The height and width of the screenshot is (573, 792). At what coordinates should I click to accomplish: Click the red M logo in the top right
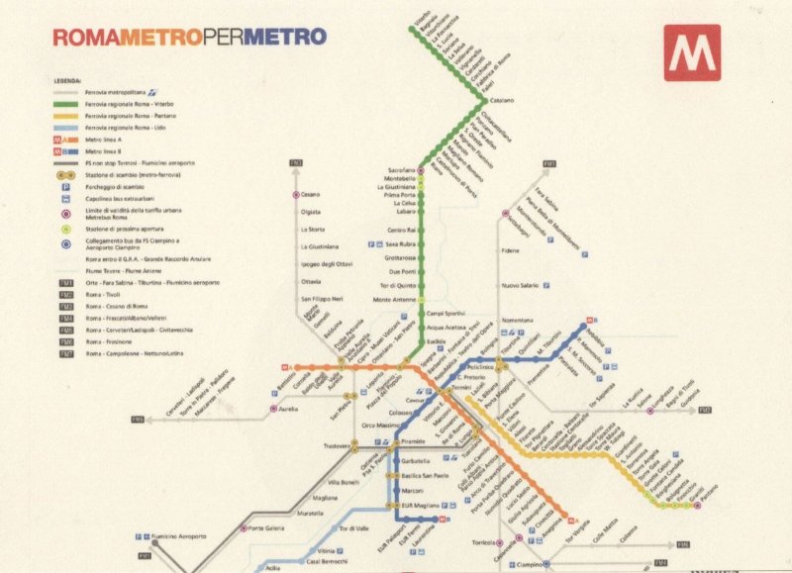[x=692, y=52]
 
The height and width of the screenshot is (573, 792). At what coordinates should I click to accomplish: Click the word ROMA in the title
[x=84, y=38]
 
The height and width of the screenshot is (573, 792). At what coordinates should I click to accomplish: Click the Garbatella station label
[x=417, y=461]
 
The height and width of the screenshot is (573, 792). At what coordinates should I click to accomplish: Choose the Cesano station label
[x=311, y=195]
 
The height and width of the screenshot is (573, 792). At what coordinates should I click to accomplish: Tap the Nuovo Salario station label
[x=520, y=285]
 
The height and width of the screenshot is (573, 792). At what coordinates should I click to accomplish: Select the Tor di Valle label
[x=353, y=528]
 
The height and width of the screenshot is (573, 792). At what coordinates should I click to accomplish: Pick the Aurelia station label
[x=288, y=408]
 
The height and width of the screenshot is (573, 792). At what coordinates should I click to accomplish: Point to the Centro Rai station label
[x=401, y=230]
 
